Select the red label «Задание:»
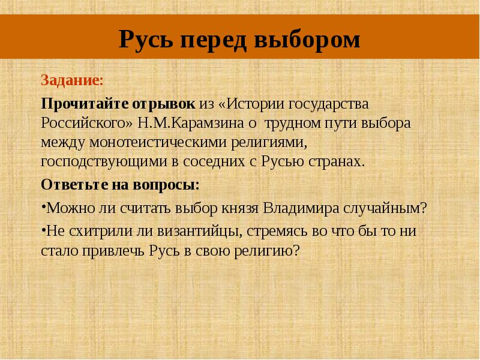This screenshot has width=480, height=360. pyautogui.click(x=71, y=80)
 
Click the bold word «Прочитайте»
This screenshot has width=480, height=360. pyautogui.click(x=80, y=103)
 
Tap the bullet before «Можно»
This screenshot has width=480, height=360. pyautogui.click(x=43, y=207)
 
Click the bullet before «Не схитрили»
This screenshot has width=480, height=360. pyautogui.click(x=43, y=229)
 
